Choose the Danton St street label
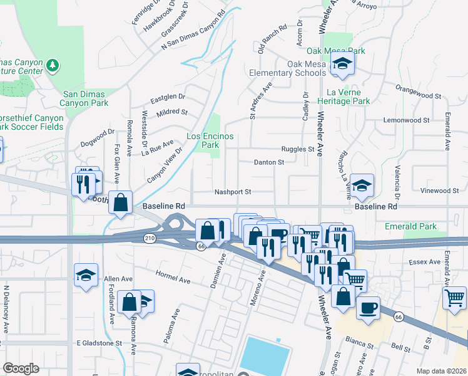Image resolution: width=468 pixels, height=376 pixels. (269, 162)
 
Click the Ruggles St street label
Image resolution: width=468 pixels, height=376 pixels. (297, 149)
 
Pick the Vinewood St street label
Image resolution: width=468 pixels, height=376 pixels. (439, 191)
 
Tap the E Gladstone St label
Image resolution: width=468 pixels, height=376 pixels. (99, 343)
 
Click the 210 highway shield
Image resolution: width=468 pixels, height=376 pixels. (149, 238)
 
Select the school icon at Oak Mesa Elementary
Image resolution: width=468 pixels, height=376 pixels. (342, 63)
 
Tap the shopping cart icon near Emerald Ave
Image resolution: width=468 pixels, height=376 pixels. (455, 296)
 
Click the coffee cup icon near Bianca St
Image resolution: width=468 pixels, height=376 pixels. (369, 308)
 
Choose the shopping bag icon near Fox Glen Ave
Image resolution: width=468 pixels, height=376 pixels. (121, 202)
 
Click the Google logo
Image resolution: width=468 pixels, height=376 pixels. (21, 368)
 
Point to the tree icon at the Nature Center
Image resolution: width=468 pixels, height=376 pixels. (53, 65)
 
